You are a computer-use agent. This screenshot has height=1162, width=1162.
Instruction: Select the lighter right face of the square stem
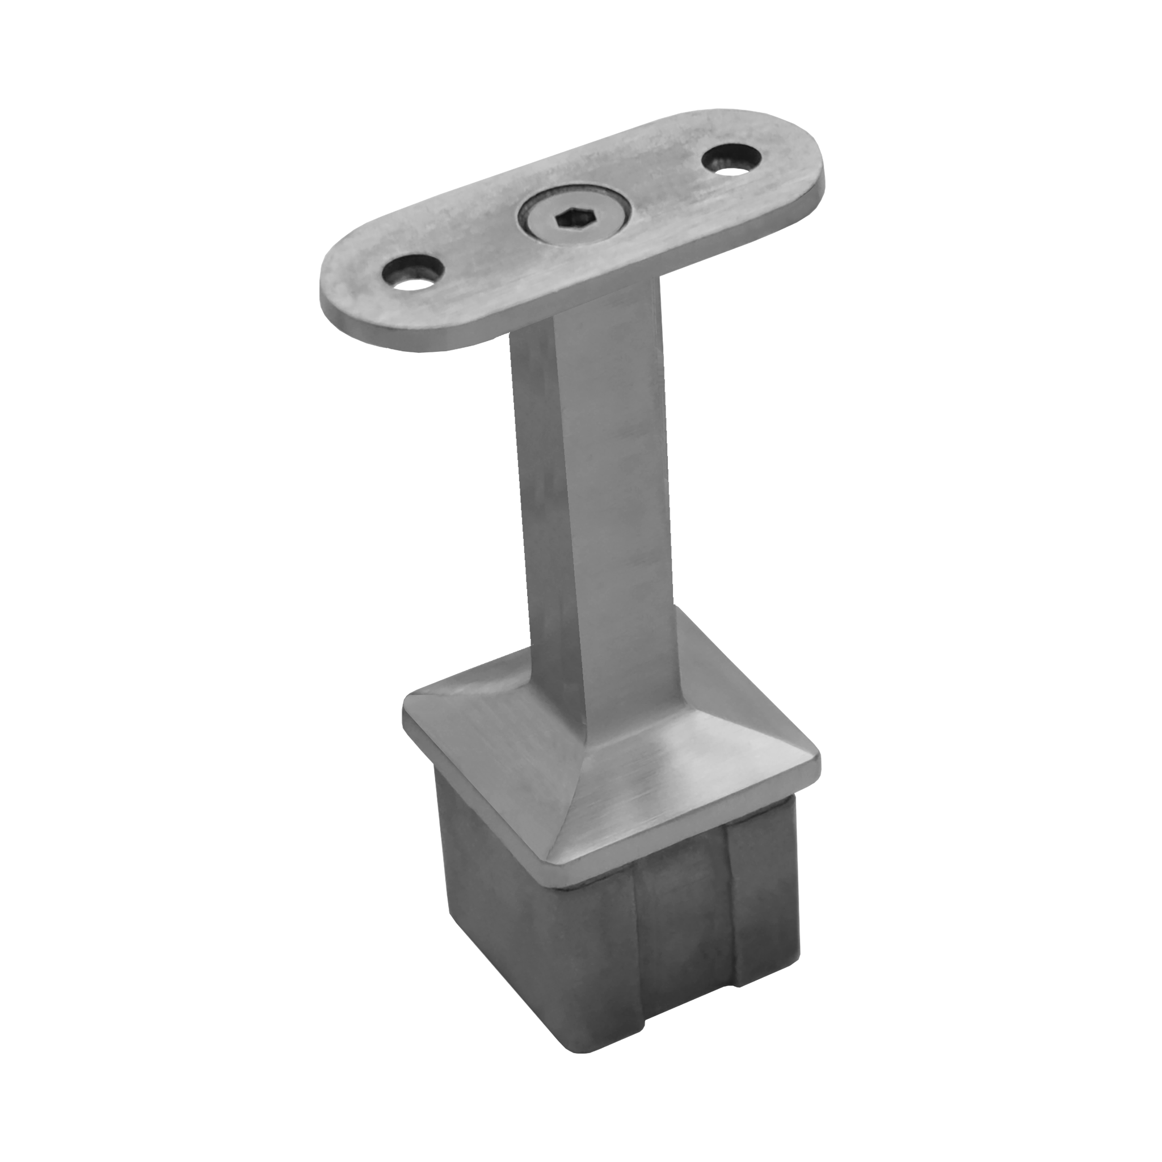pyautogui.click(x=620, y=481)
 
